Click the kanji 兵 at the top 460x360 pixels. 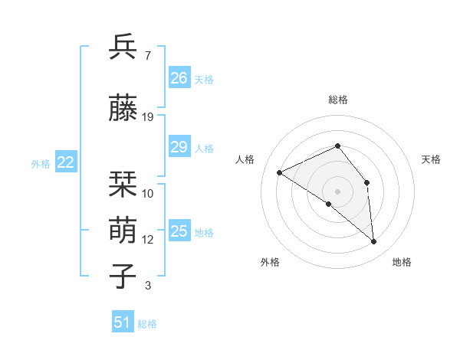[x=123, y=47]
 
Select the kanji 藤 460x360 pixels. [x=123, y=108]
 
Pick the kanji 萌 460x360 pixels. [x=123, y=231]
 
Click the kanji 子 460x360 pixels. [x=123, y=277]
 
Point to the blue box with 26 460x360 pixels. [x=179, y=77]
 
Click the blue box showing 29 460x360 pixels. [x=179, y=147]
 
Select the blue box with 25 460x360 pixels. [x=179, y=231]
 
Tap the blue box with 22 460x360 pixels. [x=65, y=162]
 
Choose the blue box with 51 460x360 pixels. [x=122, y=322]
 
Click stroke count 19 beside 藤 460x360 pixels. [x=148, y=116]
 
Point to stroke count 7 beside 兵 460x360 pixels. [x=147, y=55]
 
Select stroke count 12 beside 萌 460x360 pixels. [x=148, y=240]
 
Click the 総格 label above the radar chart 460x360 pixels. [x=337, y=100]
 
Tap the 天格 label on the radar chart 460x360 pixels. [x=431, y=159]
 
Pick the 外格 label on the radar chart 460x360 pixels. [x=270, y=262]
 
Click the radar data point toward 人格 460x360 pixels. [x=280, y=172]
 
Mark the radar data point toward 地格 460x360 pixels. [x=374, y=242]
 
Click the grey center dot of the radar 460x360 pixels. [x=337, y=191]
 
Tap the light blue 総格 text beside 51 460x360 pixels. [x=147, y=324]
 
